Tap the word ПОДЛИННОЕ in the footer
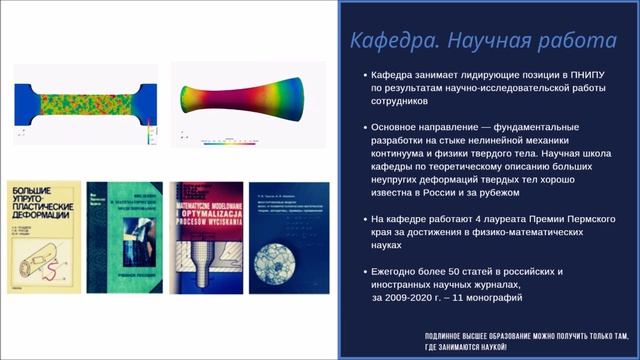pos(449,335)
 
